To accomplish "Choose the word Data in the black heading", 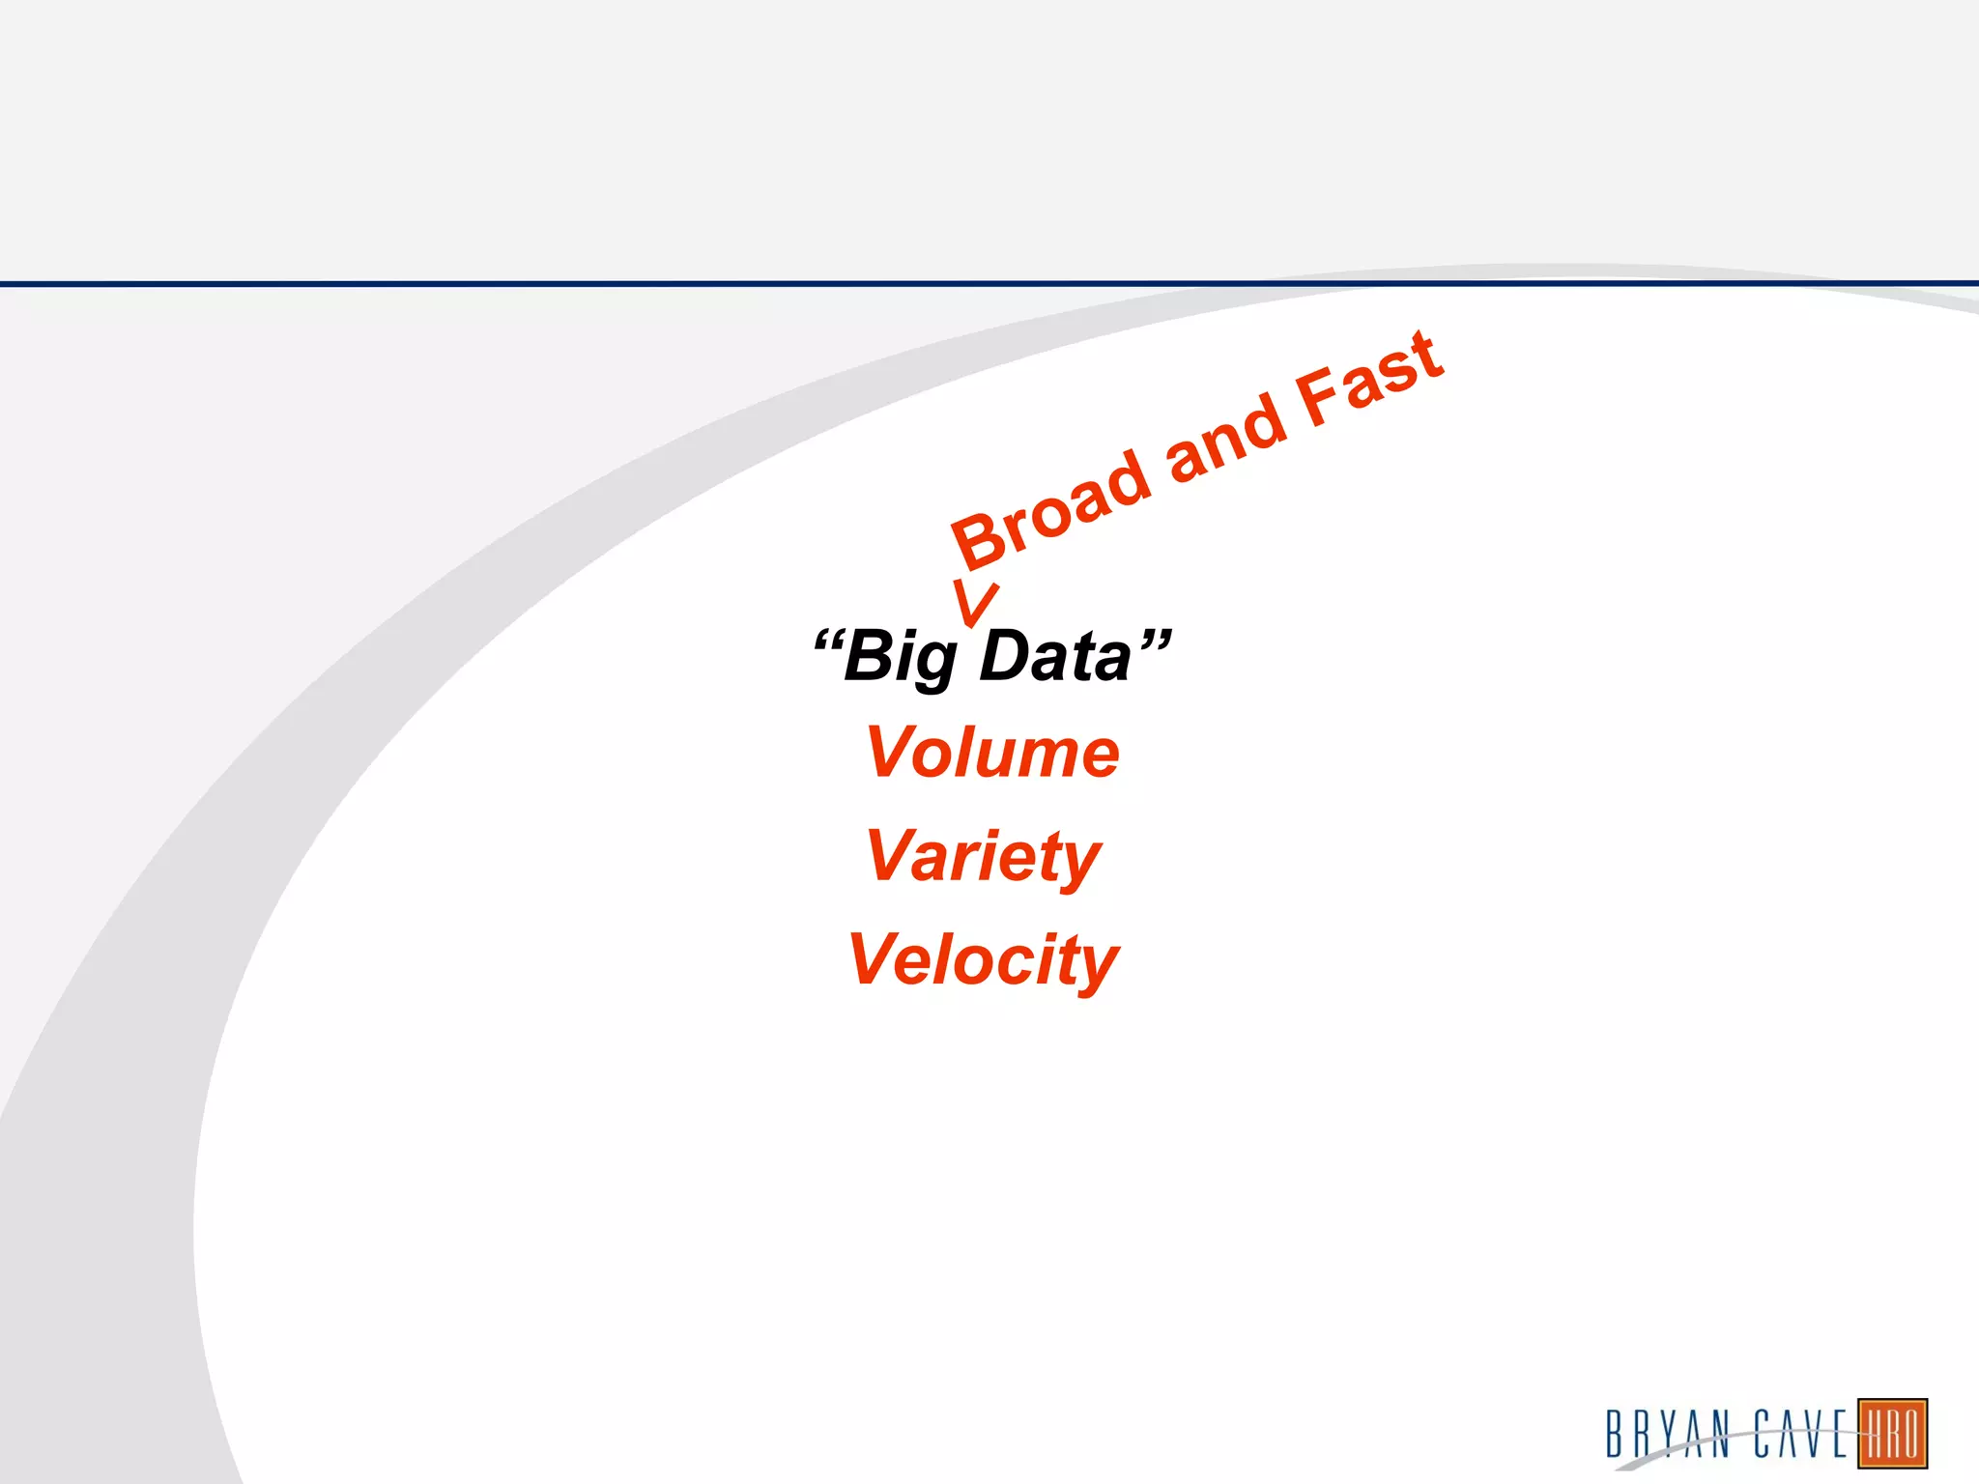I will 1054,656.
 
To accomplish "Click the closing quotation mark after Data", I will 1155,640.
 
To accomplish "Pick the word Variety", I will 984,856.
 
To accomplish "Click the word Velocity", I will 983,960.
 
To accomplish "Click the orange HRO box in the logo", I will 1892,1434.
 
